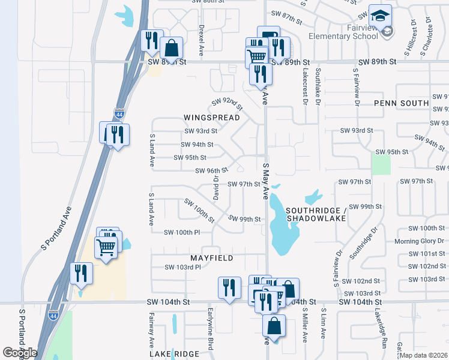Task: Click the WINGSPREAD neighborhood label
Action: pyautogui.click(x=211, y=118)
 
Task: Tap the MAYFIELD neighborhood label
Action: pyautogui.click(x=211, y=257)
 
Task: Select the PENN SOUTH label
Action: pyautogui.click(x=402, y=103)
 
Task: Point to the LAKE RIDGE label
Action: pyautogui.click(x=174, y=355)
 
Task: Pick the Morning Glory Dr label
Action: pyautogui.click(x=419, y=241)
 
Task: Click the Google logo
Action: pyautogui.click(x=20, y=353)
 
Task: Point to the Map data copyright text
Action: pyautogui.click(x=424, y=355)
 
